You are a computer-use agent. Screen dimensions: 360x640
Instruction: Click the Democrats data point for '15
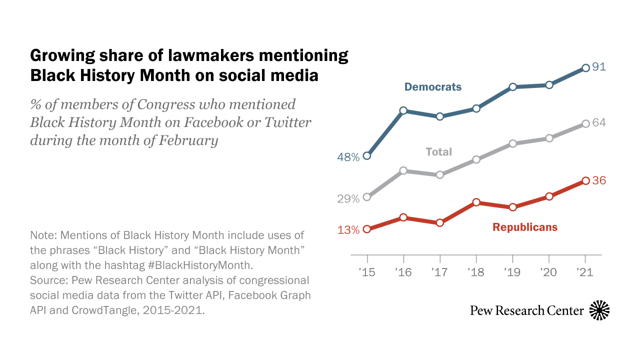[x=367, y=155]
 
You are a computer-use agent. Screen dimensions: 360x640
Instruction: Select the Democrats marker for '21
[x=585, y=67]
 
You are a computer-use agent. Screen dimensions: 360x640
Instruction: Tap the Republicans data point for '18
[x=476, y=202]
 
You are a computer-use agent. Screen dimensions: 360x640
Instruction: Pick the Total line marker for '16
[x=403, y=170]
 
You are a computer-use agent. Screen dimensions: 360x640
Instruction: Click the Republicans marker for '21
[x=585, y=180]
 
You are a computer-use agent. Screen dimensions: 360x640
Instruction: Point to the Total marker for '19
[x=513, y=143]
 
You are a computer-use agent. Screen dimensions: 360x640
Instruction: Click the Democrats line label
[x=432, y=87]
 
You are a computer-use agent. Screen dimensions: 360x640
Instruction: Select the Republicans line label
[x=524, y=227]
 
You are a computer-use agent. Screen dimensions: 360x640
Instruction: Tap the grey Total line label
[x=438, y=152]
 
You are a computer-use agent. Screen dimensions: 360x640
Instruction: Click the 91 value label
[x=599, y=67]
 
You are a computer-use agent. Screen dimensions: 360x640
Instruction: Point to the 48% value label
[x=348, y=157]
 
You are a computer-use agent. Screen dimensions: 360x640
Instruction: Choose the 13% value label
[x=348, y=230]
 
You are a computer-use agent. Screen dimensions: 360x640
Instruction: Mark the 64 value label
[x=599, y=123]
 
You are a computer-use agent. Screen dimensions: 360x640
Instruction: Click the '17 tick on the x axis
[x=439, y=273]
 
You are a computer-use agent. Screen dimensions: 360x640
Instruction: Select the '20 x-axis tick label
[x=549, y=273]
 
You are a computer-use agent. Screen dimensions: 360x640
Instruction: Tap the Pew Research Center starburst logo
[x=599, y=310]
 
